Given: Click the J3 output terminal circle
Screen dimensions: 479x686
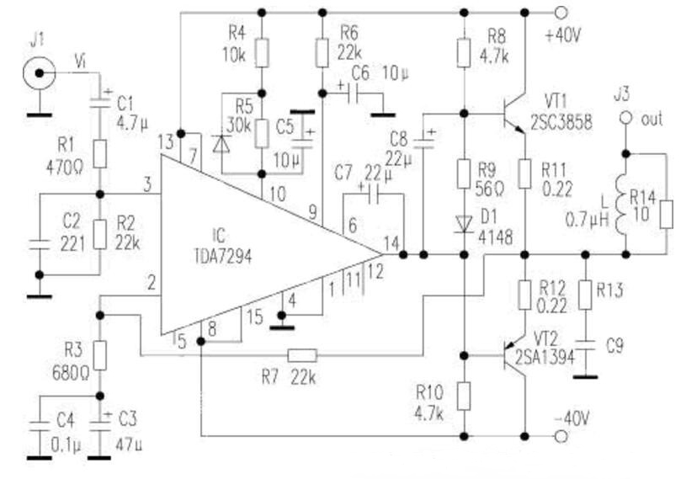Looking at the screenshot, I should click(625, 119).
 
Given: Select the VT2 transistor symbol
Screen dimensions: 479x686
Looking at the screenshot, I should click(513, 354).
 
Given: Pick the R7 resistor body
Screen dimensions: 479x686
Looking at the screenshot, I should click(301, 354).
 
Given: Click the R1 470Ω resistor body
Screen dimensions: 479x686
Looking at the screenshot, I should click(100, 154).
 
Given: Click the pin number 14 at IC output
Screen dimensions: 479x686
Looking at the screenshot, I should click(390, 243).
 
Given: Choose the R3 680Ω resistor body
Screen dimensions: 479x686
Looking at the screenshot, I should click(100, 355).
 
